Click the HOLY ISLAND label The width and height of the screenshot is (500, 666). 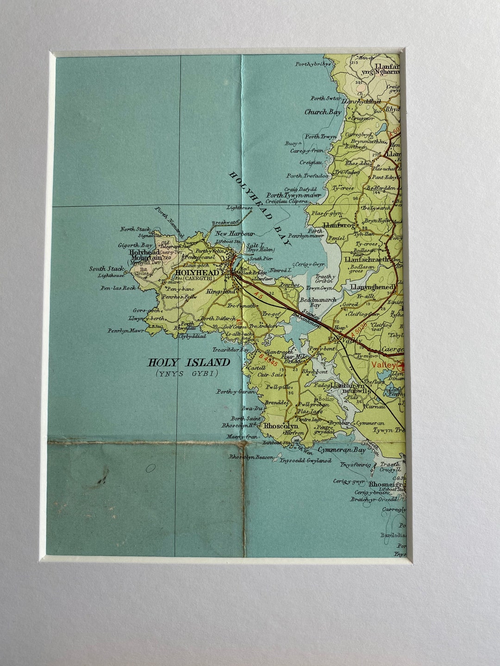[188, 363]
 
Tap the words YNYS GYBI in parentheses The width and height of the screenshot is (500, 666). [187, 373]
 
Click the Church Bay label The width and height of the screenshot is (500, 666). [323, 112]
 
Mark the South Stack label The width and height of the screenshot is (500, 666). [106, 269]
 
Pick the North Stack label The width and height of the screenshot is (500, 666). [135, 229]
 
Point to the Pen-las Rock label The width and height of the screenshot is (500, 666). [118, 288]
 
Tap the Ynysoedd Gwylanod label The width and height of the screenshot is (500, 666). [306, 461]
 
